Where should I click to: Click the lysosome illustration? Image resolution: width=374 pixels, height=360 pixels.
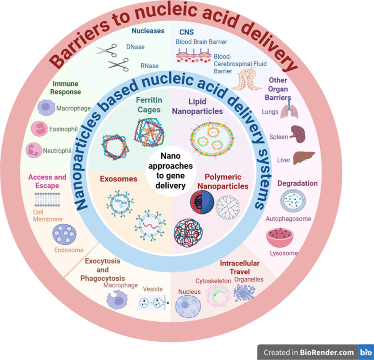279,237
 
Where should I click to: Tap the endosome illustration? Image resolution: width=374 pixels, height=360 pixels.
65,234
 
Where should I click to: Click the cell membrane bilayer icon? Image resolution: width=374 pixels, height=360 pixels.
51,201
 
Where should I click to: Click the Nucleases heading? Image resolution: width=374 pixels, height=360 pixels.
148,31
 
